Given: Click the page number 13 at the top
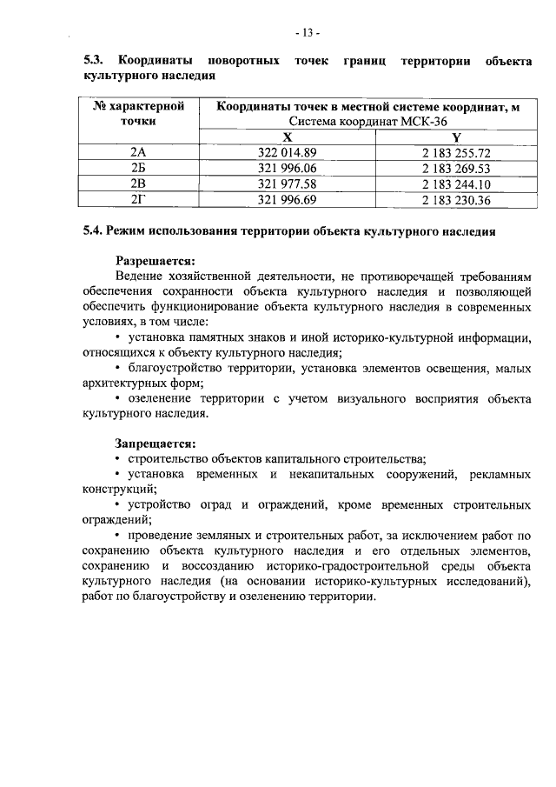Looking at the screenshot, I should [308, 33].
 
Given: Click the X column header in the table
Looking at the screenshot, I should [288, 137].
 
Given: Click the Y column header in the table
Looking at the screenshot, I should [456, 137].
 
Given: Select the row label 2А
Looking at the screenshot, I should [137, 152].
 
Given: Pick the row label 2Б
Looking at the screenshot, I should [137, 168].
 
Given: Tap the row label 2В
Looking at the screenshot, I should [137, 183].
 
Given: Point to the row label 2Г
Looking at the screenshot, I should [137, 199].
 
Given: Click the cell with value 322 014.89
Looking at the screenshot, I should [288, 152].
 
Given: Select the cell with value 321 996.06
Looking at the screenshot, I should [288, 168].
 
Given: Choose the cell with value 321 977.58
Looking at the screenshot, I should [288, 183].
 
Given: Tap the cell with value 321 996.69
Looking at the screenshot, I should [288, 199].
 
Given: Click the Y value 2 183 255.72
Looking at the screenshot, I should [456, 152].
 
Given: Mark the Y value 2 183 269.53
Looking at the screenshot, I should [456, 168].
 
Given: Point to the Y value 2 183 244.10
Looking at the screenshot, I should [456, 183].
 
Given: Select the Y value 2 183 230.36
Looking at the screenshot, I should [456, 199].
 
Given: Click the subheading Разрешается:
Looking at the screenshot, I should [156, 259].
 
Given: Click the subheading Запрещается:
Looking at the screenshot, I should [156, 442].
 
